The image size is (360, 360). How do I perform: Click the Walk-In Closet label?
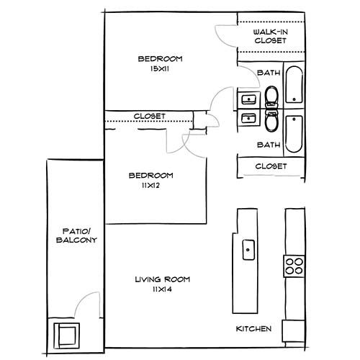tap(270, 37)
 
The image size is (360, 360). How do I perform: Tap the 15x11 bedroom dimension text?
tap(160, 68)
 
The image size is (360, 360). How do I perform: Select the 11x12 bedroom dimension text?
tap(150, 185)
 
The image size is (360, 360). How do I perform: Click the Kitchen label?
tap(254, 329)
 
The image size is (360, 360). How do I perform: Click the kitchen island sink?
tap(248, 250)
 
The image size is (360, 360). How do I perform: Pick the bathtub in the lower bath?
tap(294, 133)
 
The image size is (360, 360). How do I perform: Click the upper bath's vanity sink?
tap(248, 99)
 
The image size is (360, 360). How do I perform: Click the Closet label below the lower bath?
tap(271, 166)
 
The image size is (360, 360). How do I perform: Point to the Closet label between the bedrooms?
tap(150, 116)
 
